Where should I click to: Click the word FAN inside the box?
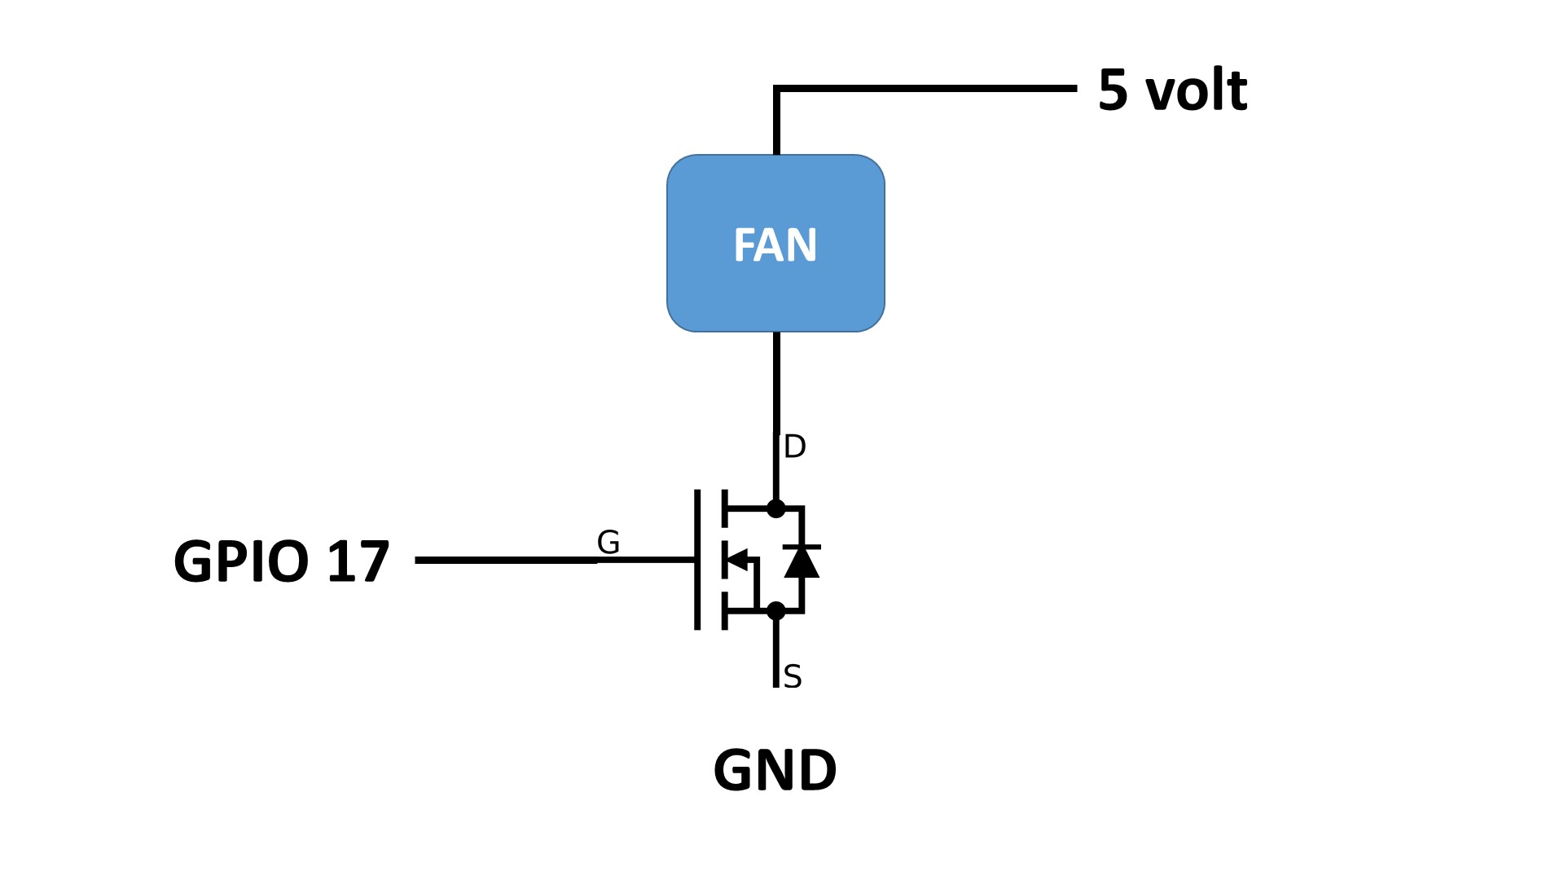tap(775, 244)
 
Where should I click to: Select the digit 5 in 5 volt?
tap(1113, 90)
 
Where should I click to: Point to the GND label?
tap(775, 770)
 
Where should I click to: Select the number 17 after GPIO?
tap(358, 561)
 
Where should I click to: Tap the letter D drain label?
tap(794, 447)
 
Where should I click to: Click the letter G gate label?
tap(608, 542)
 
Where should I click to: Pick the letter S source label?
tap(793, 677)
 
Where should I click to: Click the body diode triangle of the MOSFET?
tap(802, 562)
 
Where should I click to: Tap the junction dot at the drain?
tap(776, 508)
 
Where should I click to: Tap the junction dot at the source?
tap(776, 610)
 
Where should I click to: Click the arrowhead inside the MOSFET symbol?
tap(736, 560)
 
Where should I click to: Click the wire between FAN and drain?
tap(776, 383)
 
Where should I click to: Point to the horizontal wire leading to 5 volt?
tap(929, 87)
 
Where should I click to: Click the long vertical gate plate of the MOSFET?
tap(697, 560)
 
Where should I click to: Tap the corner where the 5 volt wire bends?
tap(777, 88)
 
